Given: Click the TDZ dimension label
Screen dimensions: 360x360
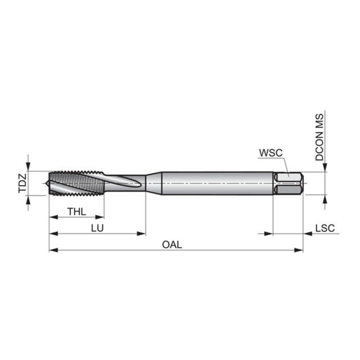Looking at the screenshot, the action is pos(22,183).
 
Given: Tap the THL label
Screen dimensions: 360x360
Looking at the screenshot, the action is pos(76,211).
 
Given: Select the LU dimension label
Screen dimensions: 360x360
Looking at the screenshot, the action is pos(97,228).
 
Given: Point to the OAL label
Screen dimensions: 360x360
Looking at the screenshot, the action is pos(172,244).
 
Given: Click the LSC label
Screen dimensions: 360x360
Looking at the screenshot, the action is pos(325,228).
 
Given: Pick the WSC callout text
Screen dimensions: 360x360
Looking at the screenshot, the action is pos(270,153).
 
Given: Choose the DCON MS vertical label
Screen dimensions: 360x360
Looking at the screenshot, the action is pos(319,137).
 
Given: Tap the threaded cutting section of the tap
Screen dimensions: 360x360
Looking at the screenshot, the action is pos(76,183).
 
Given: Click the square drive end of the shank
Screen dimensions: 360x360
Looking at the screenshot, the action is pos(288,183).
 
